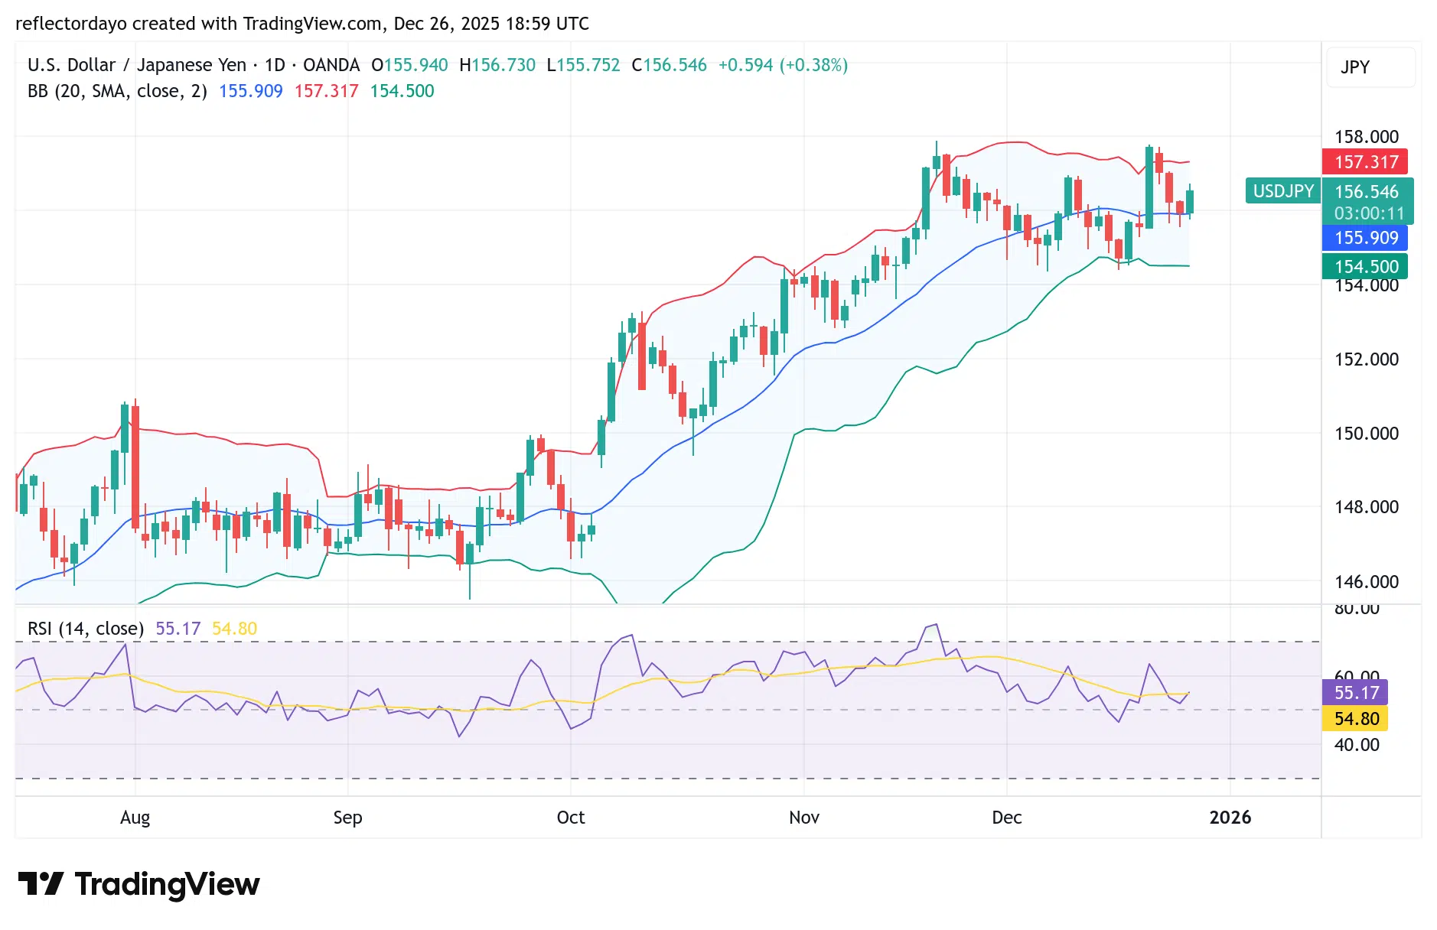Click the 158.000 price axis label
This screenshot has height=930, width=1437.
click(x=1366, y=137)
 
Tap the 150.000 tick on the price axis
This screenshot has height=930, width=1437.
click(x=1366, y=434)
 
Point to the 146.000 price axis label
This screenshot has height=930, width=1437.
click(x=1366, y=582)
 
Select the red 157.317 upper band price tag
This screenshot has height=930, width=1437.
click(x=1366, y=162)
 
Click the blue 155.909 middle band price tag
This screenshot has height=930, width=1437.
click(x=1366, y=238)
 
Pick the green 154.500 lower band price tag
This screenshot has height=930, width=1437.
click(x=1366, y=267)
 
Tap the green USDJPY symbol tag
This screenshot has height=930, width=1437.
click(x=1282, y=191)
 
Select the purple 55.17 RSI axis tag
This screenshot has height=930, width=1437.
click(x=1356, y=693)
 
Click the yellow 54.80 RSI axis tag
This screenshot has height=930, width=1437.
click(x=1356, y=719)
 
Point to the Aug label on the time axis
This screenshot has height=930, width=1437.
click(x=135, y=818)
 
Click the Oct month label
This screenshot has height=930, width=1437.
click(x=571, y=818)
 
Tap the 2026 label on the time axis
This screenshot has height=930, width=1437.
click(x=1230, y=818)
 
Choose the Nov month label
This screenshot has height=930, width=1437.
click(x=804, y=818)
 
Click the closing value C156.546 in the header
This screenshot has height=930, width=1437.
click(x=669, y=65)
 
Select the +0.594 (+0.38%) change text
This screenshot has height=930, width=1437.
click(x=783, y=65)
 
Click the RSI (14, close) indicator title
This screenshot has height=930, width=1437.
click(x=86, y=629)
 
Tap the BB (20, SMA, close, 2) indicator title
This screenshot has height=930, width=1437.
click(x=117, y=91)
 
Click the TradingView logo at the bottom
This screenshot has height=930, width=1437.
click(x=139, y=884)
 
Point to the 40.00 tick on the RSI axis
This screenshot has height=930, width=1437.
click(x=1356, y=745)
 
